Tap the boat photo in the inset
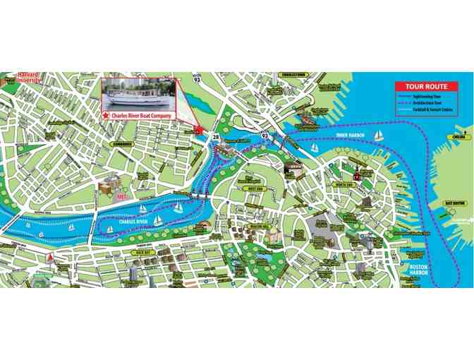(x=139, y=93)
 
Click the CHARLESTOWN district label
(x=293, y=73)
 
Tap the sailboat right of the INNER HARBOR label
(x=379, y=135)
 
